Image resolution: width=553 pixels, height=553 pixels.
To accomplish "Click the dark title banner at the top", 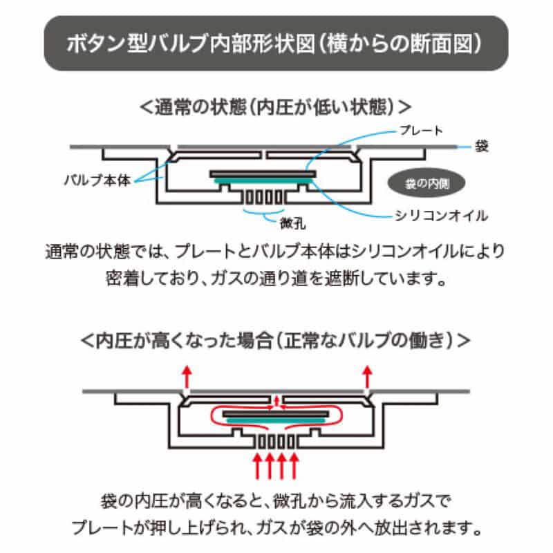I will coord(276,43).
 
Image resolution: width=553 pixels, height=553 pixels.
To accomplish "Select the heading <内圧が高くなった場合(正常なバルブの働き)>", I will coord(276,341).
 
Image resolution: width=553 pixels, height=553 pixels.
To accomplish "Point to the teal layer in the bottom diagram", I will coord(276,420).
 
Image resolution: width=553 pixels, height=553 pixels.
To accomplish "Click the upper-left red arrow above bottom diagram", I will coord(185,376).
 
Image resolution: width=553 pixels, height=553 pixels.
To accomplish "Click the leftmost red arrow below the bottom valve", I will coord(257,465).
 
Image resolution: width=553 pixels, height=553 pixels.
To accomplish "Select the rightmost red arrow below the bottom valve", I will coord(296,465).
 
